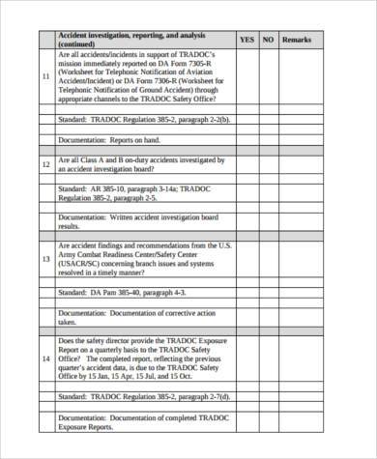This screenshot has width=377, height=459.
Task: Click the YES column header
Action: (x=247, y=40)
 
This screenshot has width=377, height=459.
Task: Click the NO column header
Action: (x=269, y=40)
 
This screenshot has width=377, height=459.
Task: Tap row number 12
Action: (x=45, y=165)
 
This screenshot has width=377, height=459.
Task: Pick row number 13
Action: (x=45, y=259)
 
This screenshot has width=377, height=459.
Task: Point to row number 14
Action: (x=45, y=359)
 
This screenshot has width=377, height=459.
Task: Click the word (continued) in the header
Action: (x=77, y=44)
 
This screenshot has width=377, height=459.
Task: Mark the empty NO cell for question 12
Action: (x=269, y=165)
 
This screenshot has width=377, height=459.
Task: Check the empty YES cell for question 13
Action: (x=247, y=259)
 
